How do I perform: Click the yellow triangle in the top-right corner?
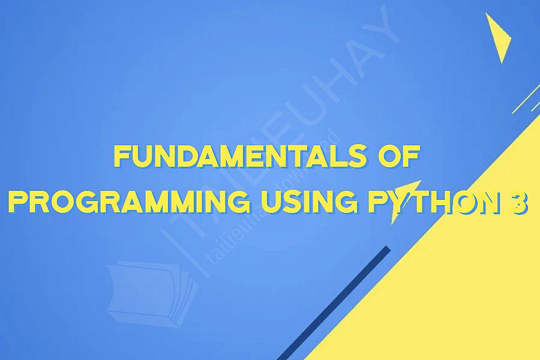pyautogui.click(x=499, y=36)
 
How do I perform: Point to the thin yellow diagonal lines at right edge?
pyautogui.click(x=526, y=99)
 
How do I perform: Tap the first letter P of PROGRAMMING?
pyautogui.click(x=17, y=204)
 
